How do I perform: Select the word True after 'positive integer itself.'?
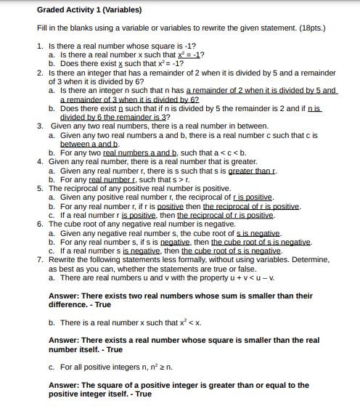143,394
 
